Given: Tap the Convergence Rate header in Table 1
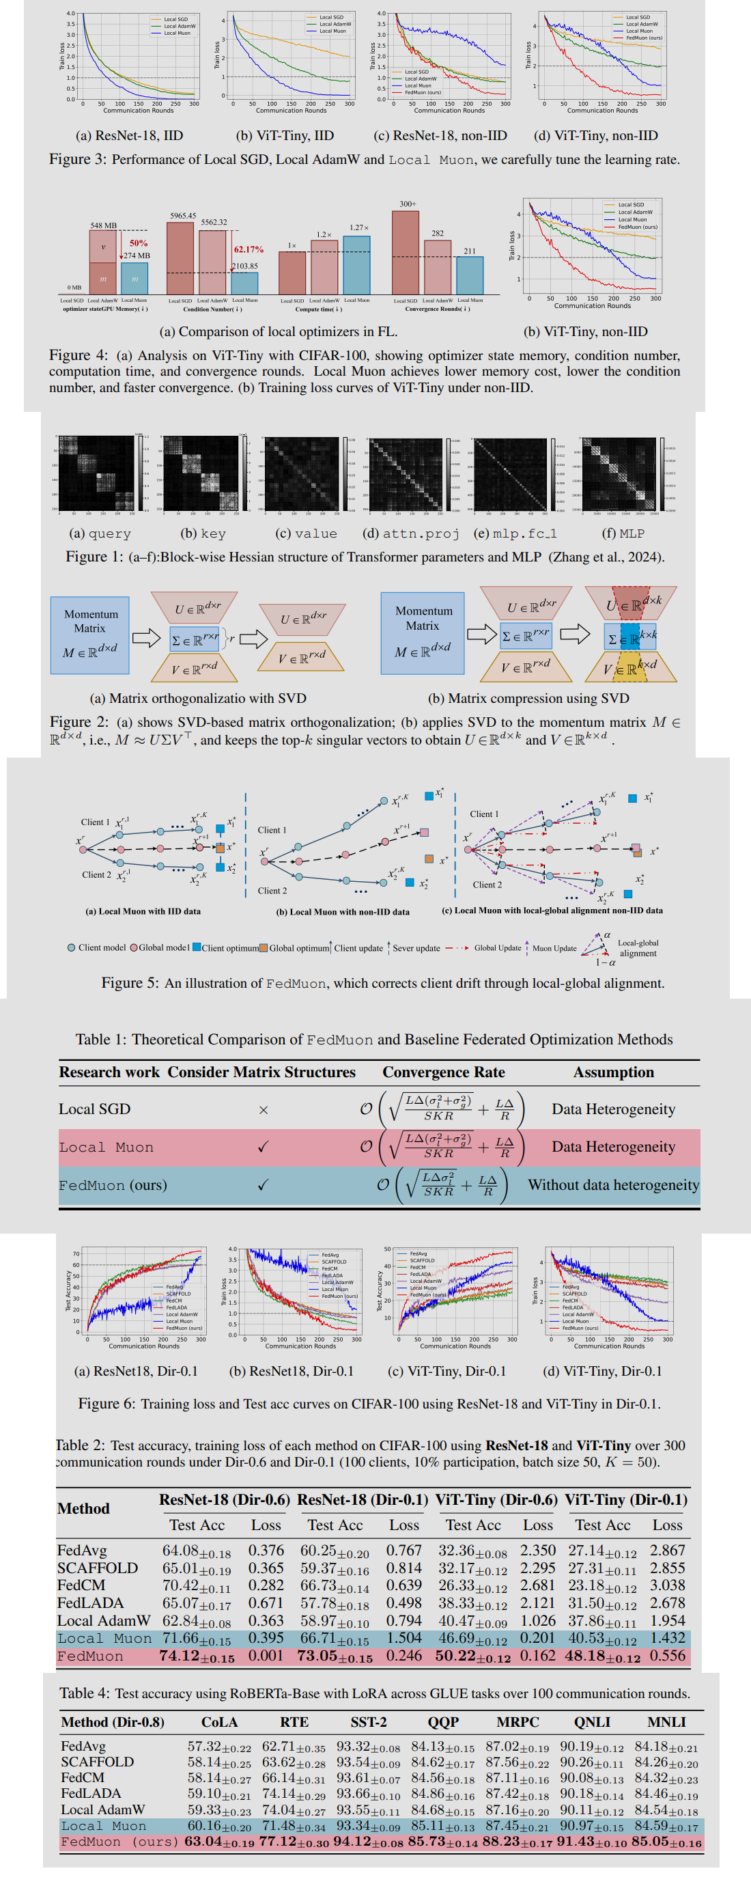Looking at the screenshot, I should point(443,1072).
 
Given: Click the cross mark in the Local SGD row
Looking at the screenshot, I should point(263,1111).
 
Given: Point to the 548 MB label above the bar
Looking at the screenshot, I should point(103,225).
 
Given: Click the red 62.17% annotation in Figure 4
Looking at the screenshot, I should point(249,250).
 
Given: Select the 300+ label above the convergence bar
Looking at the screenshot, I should point(408,204).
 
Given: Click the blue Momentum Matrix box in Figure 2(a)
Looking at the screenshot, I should point(89,635).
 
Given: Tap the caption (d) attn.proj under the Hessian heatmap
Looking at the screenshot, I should point(410,533).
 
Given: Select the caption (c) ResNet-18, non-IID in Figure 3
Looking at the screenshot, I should point(440,136).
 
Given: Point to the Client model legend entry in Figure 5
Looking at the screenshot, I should point(97,947).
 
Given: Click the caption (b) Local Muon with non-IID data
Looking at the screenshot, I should point(342,912).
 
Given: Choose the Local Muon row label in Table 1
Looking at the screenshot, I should point(107,1147).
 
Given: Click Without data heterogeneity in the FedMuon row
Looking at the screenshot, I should point(612,1185).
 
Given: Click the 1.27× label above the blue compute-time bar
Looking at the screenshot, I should point(359,228).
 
